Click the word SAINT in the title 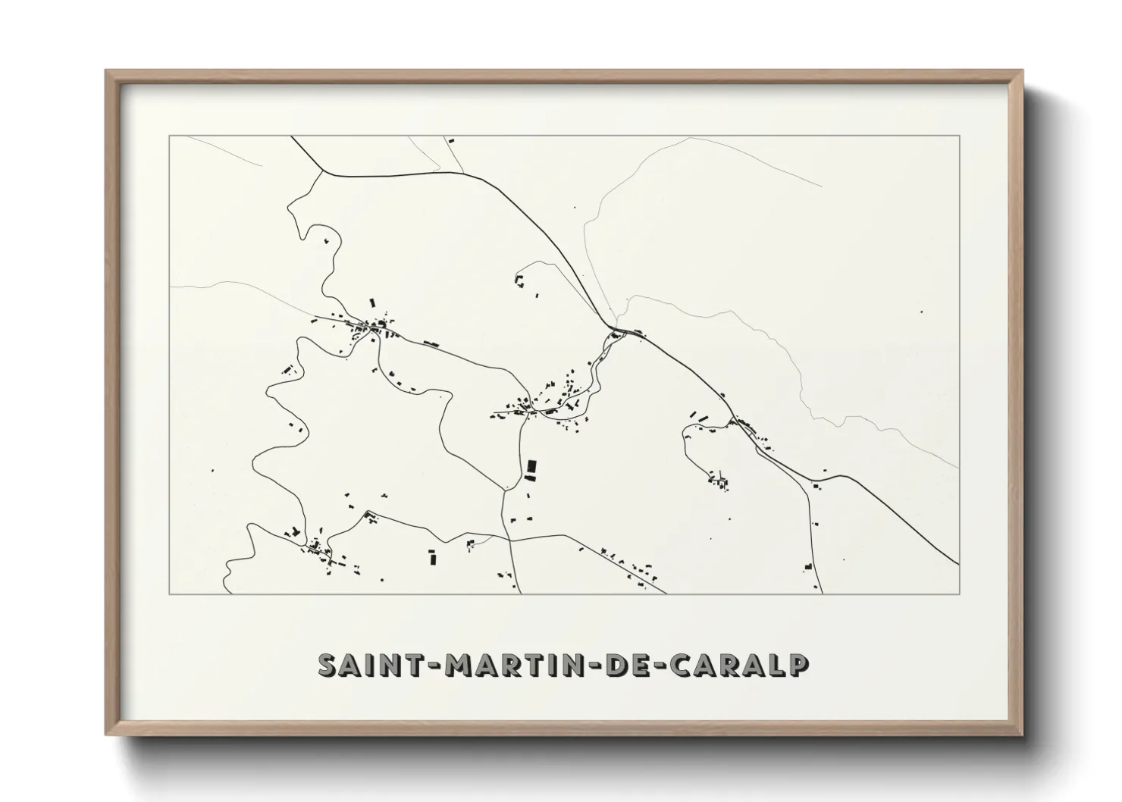pyautogui.click(x=367, y=665)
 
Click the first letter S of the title pyautogui.click(x=328, y=665)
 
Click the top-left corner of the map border pyautogui.click(x=169, y=136)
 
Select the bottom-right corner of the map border pyautogui.click(x=959, y=594)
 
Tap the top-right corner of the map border pyautogui.click(x=959, y=136)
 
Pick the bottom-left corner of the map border pyautogui.click(x=169, y=594)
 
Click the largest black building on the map pyautogui.click(x=531, y=469)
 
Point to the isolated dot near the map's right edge pyautogui.click(x=921, y=312)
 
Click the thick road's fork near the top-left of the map pyautogui.click(x=323, y=170)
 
